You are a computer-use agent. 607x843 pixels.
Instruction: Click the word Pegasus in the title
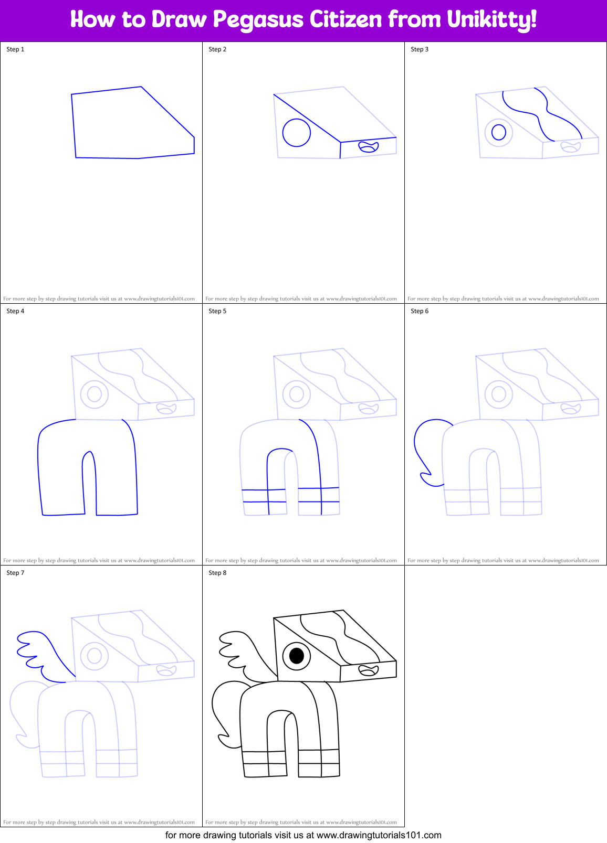[x=258, y=20]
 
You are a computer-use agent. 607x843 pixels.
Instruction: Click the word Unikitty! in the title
[x=491, y=20]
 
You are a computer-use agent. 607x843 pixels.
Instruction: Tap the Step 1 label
[x=15, y=49]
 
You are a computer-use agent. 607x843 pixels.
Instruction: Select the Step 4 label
[x=15, y=311]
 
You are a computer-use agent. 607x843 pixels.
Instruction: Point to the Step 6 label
[x=420, y=311]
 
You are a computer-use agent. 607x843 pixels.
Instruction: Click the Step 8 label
[x=217, y=573]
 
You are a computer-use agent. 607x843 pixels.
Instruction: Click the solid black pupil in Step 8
[x=297, y=656]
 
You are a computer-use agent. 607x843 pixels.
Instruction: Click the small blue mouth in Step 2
[x=368, y=147]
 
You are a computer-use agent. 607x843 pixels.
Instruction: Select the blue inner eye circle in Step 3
[x=499, y=132]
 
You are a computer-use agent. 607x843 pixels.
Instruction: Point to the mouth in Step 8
[x=368, y=670]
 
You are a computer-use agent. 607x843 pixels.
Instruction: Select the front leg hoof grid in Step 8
[x=319, y=763]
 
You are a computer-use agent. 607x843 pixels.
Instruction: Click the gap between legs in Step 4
[x=90, y=488]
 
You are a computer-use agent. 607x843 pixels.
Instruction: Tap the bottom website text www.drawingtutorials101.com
[x=379, y=835]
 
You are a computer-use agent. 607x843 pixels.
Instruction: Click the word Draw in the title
[x=179, y=20]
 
